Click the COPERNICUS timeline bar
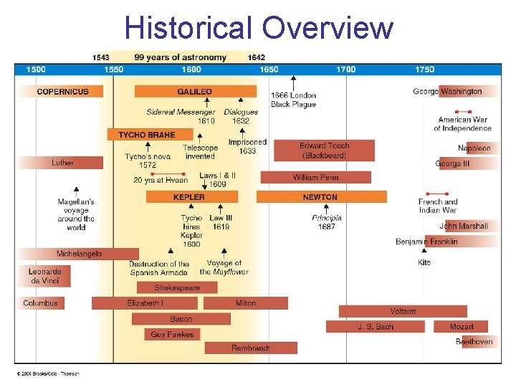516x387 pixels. point(62,92)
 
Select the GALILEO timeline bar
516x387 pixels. point(195,92)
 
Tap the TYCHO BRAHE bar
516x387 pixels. point(150,135)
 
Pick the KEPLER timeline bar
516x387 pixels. point(188,197)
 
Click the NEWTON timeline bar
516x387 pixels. point(320,197)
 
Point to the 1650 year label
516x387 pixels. point(269,70)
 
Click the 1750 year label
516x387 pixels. point(424,70)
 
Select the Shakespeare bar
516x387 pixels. point(176,287)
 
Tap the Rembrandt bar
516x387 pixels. point(251,348)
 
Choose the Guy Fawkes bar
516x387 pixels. point(172,334)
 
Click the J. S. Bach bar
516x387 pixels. point(376,327)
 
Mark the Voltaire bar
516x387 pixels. point(403,311)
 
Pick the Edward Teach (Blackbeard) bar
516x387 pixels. point(324,150)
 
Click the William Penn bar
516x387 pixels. point(315,177)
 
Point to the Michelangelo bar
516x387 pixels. point(79,254)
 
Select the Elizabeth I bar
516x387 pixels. point(145,303)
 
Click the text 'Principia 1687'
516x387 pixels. point(327,222)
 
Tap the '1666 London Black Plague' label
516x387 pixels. point(293,100)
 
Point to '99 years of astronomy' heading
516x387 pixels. point(180,57)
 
